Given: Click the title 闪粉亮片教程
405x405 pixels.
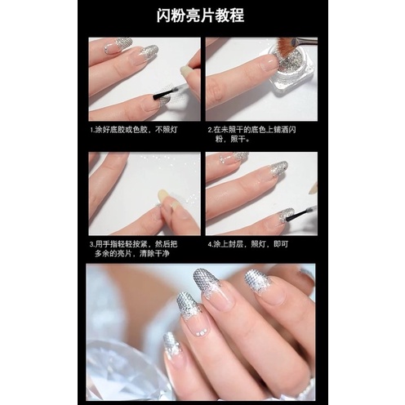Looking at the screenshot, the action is tap(200, 16).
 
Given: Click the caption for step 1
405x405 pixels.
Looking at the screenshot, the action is tap(134, 130).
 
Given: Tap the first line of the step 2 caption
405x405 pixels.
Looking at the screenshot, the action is tap(251, 130).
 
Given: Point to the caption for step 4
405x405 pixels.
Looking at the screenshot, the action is tap(247, 244).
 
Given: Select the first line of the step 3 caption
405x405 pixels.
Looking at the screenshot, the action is tap(133, 244).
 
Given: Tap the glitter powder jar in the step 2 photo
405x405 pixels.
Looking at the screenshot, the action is tap(292, 72).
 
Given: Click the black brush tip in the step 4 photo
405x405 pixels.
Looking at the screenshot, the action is tap(294, 214).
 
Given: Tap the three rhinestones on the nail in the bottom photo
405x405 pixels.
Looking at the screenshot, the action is tap(201, 332).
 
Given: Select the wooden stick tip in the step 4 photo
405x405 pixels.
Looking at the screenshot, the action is tap(313, 189).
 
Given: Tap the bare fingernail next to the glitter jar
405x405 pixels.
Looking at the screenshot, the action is tap(268, 63).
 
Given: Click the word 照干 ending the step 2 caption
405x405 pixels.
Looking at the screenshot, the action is tap(238, 140).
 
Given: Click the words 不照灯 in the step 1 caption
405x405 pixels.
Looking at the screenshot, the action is tap(167, 130).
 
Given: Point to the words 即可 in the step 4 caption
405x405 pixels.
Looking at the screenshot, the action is tap(281, 244).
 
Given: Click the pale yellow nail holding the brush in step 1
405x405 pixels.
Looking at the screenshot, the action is tap(185, 70).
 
